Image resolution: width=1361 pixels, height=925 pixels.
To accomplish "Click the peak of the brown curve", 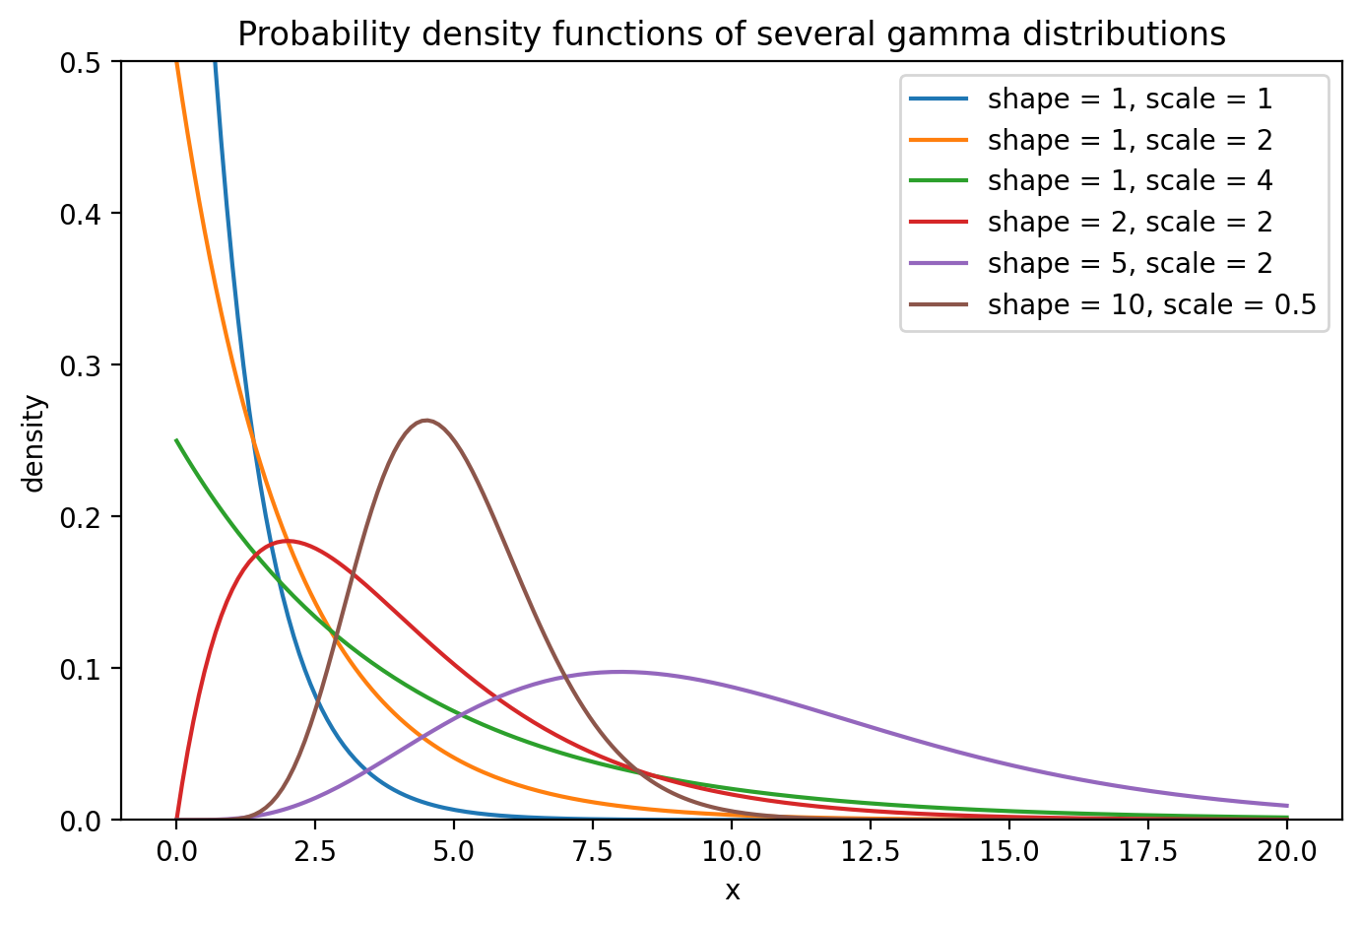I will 426,421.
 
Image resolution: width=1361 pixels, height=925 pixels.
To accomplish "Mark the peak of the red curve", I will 288,541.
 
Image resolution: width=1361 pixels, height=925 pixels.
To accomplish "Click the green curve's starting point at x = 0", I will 177,440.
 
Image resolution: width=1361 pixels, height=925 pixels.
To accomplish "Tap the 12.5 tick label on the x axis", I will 871,851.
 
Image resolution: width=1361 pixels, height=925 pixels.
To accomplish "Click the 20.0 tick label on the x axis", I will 1287,851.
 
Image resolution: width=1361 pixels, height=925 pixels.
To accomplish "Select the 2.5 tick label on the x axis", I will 315,851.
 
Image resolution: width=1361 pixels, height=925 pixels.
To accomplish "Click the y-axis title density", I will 34,442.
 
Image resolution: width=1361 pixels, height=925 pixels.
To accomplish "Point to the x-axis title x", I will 732,892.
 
